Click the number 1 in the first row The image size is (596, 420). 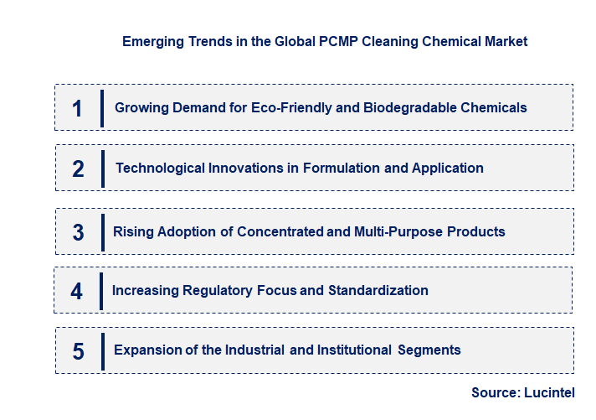(x=77, y=108)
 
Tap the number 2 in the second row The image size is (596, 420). (x=78, y=169)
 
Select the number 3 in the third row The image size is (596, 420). (x=78, y=232)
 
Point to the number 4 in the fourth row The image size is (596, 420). (x=77, y=291)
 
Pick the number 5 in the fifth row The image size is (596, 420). (x=78, y=350)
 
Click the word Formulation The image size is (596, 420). (x=342, y=168)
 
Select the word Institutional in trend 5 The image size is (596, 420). (x=351, y=350)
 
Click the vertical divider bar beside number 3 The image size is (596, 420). (x=102, y=231)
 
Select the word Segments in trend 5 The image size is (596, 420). (x=429, y=350)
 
